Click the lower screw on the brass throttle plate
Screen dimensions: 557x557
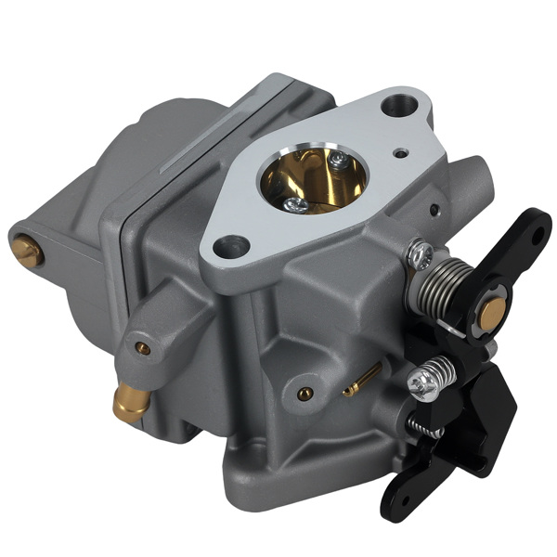point(295,203)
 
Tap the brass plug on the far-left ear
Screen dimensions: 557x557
point(27,250)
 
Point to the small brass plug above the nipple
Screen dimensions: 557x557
point(142,348)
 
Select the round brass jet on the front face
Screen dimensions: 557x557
point(303,393)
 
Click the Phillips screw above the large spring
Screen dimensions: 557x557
point(421,250)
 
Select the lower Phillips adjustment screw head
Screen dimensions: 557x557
point(423,382)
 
